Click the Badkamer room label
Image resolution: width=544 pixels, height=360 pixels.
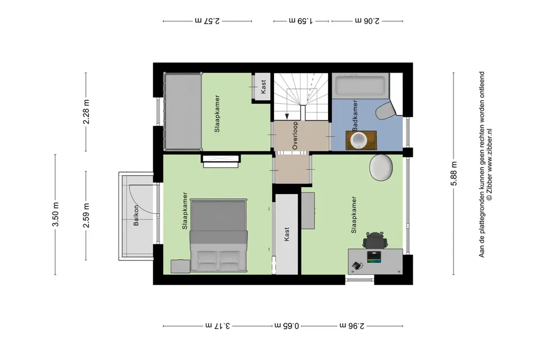355,116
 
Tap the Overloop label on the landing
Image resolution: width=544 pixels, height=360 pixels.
295,135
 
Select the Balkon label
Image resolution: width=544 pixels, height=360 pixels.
136,215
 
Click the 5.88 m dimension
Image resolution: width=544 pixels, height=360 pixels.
454,173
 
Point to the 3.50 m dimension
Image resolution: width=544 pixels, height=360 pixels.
55,214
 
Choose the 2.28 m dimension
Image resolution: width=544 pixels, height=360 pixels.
86,112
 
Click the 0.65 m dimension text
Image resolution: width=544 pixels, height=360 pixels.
287,325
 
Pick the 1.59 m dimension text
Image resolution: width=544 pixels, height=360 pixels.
301,21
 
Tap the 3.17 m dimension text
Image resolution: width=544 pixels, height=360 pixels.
218,325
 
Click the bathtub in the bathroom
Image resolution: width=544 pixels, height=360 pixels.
360,85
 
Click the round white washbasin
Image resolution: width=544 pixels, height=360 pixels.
359,140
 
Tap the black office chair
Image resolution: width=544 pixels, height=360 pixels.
374,240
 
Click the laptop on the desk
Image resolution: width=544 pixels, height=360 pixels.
374,257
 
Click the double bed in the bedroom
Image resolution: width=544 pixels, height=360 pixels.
219,236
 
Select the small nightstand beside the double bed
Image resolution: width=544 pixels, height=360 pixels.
180,266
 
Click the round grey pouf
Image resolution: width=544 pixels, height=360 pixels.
381,168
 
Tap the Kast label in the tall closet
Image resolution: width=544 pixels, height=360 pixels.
287,234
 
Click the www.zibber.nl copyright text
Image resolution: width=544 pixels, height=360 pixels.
489,164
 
